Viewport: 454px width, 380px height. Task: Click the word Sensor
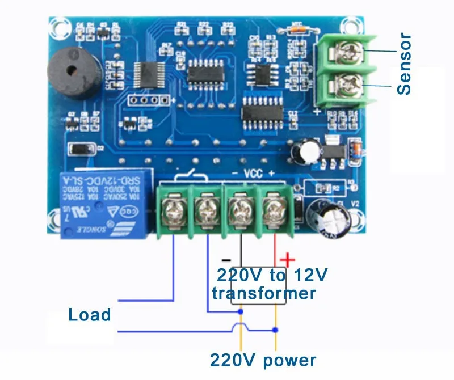click(404, 64)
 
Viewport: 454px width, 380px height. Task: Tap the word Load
click(90, 314)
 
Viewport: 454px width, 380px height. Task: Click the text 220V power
click(263, 360)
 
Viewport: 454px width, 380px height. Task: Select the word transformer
click(264, 293)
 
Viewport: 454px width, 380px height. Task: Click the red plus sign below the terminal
click(288, 260)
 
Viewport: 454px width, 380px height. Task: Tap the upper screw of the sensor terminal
click(346, 53)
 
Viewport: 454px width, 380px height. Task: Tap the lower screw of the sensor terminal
click(346, 86)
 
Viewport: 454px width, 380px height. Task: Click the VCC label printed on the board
click(254, 173)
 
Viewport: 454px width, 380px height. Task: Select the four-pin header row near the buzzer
click(149, 102)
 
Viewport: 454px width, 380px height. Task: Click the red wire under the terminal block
click(275, 244)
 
